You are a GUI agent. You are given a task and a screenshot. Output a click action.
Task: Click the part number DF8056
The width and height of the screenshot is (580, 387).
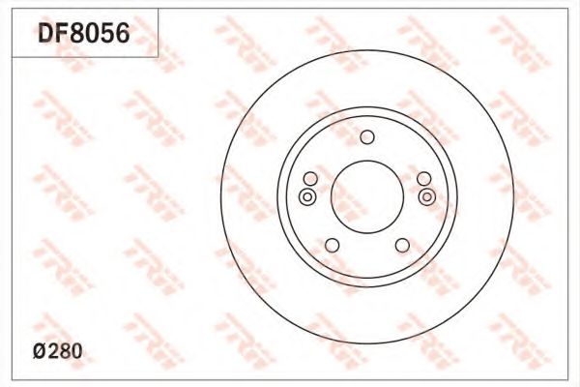pos(84,36)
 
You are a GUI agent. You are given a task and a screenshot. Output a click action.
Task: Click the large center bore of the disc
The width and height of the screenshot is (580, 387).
pos(366,193)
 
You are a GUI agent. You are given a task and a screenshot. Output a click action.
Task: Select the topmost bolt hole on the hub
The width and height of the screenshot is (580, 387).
pos(366,137)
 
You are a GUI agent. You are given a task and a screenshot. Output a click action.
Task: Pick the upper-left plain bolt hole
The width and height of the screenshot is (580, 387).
pos(309,179)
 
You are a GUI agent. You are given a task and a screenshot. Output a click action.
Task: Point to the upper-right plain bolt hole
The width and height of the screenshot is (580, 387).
pos(423,179)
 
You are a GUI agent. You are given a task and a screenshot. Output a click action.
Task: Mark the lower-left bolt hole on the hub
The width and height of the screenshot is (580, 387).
pos(332,245)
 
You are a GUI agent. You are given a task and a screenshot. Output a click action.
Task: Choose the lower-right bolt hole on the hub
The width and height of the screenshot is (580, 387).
pos(401,245)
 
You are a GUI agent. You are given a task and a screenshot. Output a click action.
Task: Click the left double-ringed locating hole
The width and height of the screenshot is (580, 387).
pos(306,197)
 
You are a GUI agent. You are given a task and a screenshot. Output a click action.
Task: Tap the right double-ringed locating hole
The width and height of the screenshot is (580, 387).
pos(427,197)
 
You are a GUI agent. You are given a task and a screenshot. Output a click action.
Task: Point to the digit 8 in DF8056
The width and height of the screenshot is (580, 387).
pos(77,36)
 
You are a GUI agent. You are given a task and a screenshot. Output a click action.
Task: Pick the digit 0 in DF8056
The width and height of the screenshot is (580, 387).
pos(92,36)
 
